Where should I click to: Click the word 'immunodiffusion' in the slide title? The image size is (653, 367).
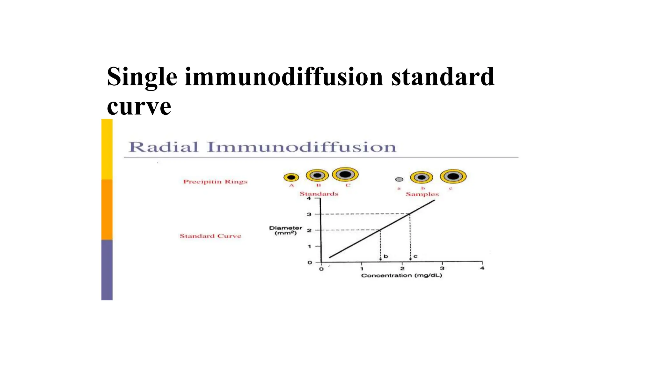(284, 77)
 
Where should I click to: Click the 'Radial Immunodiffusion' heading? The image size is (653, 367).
(262, 147)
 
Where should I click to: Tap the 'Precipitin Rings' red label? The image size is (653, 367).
(215, 182)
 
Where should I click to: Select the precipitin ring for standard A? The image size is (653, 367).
(291, 177)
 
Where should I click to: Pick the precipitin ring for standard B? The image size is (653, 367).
(317, 175)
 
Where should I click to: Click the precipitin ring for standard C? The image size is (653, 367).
(345, 174)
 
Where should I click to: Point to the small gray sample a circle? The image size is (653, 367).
(399, 179)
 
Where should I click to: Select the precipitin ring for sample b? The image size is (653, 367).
(422, 177)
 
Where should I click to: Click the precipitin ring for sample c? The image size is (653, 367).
(453, 176)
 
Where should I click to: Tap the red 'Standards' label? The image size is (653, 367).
(319, 194)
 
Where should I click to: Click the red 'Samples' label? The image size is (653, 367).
(422, 194)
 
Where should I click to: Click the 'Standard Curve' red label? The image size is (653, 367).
(210, 236)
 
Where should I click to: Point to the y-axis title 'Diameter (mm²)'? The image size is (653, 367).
(285, 230)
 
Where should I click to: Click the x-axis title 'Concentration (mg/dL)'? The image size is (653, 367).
(401, 275)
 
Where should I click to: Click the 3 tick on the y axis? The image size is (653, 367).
(309, 214)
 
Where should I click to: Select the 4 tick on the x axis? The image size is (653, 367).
(482, 268)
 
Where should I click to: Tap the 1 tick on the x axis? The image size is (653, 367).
(362, 269)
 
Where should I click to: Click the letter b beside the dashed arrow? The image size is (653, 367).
(386, 256)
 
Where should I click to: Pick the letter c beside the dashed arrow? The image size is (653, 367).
(415, 256)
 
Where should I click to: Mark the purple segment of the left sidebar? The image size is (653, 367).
(107, 270)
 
